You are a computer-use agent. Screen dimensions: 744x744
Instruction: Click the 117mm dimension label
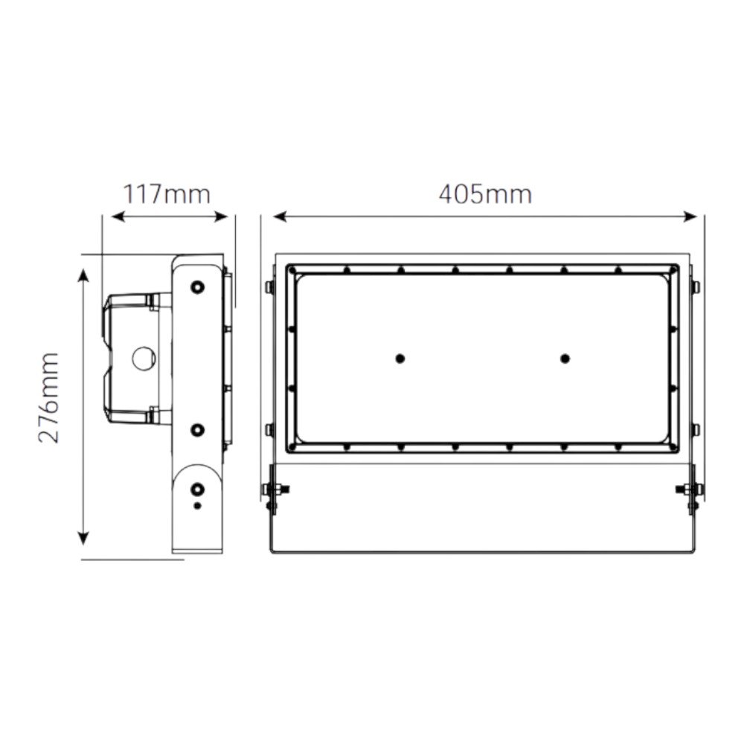click(167, 195)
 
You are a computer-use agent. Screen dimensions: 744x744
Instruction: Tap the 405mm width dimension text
click(485, 195)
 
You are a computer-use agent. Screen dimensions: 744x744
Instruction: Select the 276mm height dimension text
click(49, 397)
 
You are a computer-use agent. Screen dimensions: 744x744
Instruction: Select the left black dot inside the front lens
click(400, 359)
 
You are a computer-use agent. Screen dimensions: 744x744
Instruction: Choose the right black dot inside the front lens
click(565, 359)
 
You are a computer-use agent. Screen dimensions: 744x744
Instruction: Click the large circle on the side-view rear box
click(143, 359)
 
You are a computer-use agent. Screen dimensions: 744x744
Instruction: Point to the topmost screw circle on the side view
click(197, 287)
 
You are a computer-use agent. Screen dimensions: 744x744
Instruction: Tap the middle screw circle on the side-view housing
click(197, 429)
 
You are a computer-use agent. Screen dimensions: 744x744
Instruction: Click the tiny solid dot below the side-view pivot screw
click(197, 506)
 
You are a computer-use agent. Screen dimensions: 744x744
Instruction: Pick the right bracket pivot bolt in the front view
click(690, 489)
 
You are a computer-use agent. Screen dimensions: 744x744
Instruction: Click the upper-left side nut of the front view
click(269, 286)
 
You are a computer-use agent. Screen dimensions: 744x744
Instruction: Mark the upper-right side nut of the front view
click(695, 286)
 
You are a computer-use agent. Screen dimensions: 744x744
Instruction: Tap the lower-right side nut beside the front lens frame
click(695, 429)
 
